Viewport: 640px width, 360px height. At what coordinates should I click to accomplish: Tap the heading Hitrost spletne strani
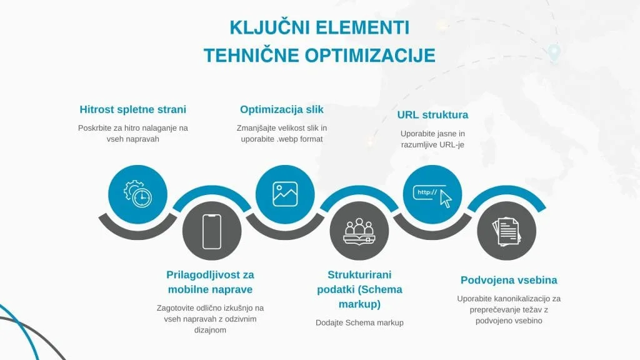(x=133, y=109)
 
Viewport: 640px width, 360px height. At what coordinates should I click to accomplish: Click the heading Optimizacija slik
(x=282, y=109)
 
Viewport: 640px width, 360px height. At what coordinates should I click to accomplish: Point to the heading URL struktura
(x=432, y=115)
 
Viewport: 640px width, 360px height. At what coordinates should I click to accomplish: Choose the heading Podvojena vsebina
(x=509, y=280)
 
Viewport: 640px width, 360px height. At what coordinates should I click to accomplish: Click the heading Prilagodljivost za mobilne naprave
(x=211, y=282)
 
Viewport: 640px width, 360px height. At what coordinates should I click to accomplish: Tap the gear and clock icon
(x=137, y=194)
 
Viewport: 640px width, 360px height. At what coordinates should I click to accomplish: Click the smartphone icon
(x=212, y=231)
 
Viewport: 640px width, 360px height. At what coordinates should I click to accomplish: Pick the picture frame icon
(x=285, y=194)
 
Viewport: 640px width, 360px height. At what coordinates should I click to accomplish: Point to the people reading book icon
(x=359, y=231)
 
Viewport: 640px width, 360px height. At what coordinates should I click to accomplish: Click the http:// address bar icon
(x=432, y=194)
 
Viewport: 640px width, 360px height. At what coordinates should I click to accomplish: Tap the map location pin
(x=554, y=54)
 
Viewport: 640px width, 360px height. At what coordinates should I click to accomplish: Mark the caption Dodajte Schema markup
(x=359, y=322)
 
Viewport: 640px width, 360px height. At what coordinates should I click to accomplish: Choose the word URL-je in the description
(x=449, y=144)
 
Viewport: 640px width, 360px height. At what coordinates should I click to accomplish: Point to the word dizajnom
(x=210, y=330)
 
